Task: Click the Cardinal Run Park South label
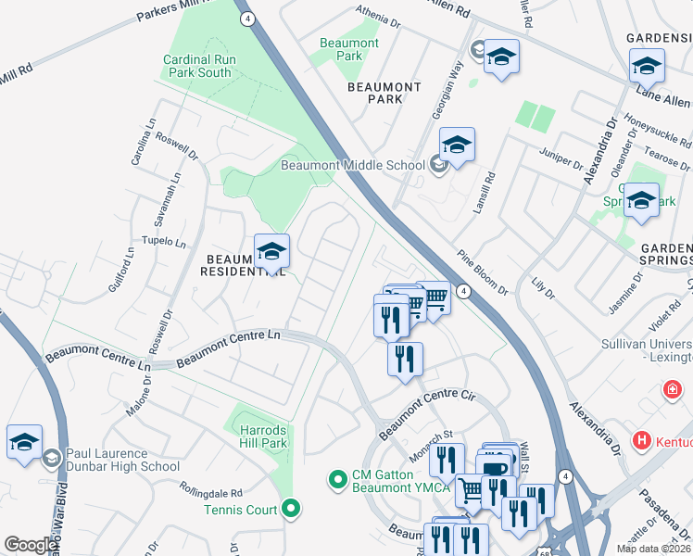(196, 66)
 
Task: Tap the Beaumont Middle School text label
(353, 166)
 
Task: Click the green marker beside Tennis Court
(292, 508)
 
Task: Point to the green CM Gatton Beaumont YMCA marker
(337, 480)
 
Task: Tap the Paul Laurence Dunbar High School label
(122, 460)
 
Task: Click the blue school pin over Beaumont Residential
(271, 253)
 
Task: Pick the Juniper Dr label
(561, 160)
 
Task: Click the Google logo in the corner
(31, 545)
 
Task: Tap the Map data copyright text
(653, 549)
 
